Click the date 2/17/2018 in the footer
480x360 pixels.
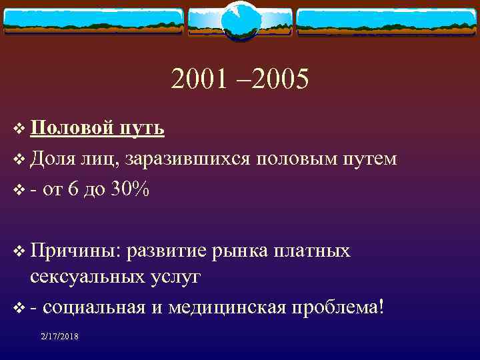pyautogui.click(x=59, y=337)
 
